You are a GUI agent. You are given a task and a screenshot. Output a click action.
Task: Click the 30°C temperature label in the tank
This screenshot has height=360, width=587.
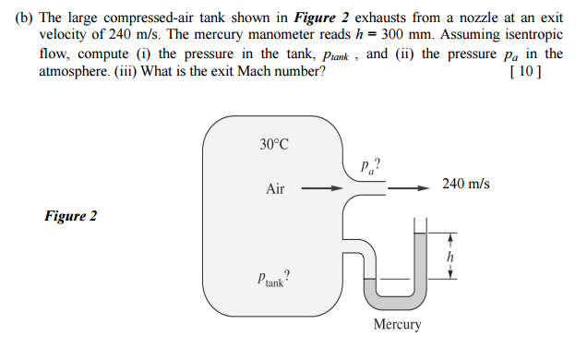pos(274,144)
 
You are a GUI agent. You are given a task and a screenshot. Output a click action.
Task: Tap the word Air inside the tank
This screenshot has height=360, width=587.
pos(275,189)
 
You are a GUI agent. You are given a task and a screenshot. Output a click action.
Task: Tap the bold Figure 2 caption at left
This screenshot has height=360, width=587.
pos(70,217)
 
